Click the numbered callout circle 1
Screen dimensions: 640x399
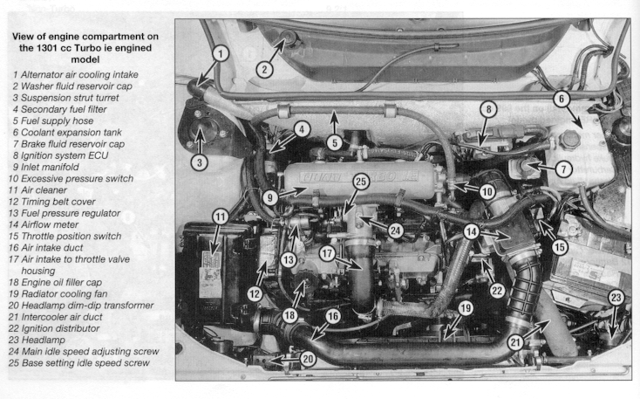click(x=221, y=53)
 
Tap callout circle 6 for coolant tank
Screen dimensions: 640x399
click(x=562, y=99)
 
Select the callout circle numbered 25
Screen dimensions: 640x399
click(x=361, y=182)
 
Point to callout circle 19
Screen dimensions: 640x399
click(x=466, y=308)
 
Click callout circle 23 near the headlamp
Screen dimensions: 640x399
click(x=616, y=298)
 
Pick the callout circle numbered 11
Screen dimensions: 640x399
click(x=221, y=217)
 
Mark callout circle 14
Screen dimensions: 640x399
click(x=471, y=231)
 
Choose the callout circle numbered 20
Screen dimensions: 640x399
click(x=308, y=359)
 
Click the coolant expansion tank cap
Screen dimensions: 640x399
click(x=569, y=141)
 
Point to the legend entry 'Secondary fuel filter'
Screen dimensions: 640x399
click(x=59, y=109)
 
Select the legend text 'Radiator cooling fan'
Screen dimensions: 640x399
click(x=58, y=294)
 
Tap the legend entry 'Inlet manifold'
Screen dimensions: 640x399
click(x=45, y=167)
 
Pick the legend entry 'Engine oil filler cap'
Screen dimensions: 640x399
click(x=55, y=283)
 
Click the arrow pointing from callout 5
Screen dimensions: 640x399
click(x=334, y=122)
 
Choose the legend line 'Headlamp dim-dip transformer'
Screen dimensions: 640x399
click(x=81, y=306)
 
